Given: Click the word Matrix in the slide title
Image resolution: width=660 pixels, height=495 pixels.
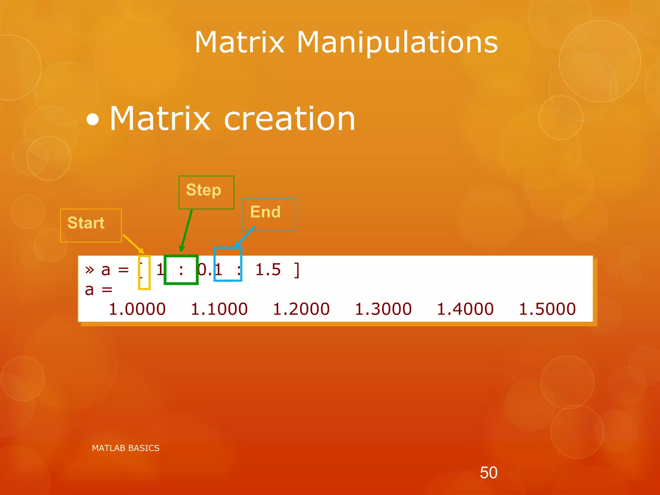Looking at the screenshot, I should [239, 42].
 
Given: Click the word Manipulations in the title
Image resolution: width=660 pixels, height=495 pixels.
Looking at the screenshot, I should [397, 42].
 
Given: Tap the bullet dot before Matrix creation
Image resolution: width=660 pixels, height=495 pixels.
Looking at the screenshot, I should [93, 120].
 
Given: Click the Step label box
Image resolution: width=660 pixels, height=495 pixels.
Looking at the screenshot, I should [206, 192].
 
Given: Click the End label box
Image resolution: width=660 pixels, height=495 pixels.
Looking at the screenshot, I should [269, 214].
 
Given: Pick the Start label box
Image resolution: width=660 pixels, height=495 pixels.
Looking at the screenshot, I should [91, 225].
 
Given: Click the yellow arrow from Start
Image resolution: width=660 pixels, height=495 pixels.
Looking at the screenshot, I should [133, 244].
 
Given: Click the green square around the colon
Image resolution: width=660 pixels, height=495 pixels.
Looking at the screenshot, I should [181, 270].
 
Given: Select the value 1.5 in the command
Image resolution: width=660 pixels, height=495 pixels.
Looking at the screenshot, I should [268, 269].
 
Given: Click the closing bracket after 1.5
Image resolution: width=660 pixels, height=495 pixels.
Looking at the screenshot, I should [297, 270].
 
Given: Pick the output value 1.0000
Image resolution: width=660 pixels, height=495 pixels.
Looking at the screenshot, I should [137, 309].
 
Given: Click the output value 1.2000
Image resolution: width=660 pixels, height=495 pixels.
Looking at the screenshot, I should [301, 309].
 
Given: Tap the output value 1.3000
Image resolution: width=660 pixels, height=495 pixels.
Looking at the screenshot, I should [383, 309].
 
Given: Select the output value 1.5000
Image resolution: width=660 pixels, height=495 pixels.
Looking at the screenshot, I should [547, 309].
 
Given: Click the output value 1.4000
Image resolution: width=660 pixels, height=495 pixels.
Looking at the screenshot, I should [465, 309].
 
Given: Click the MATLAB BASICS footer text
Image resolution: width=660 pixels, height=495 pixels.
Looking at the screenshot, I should [126, 448].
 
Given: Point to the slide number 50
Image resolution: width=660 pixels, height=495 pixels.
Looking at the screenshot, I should [489, 472].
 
